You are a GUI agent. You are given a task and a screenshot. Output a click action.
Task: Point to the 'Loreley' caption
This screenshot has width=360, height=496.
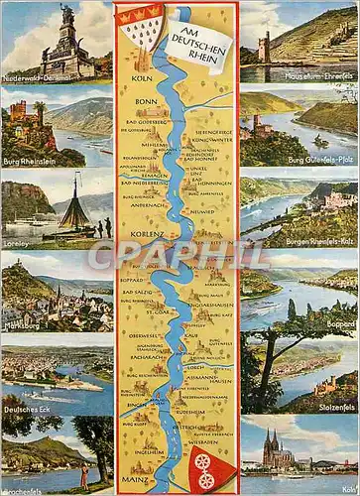point(17,241)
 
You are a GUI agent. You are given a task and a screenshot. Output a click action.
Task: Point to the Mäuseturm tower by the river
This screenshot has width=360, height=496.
point(264,46)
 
